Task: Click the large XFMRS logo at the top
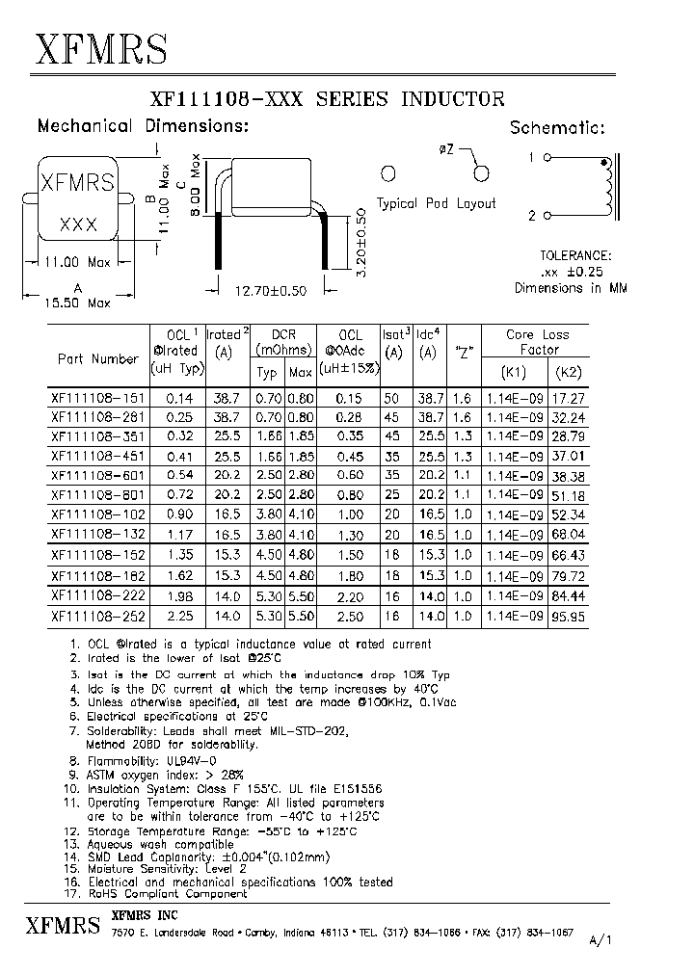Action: click(x=102, y=47)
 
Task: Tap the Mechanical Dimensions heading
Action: click(x=143, y=126)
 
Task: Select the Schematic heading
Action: click(x=557, y=127)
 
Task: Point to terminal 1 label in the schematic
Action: click(x=530, y=156)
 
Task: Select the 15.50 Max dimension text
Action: click(x=78, y=303)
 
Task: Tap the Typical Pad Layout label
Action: click(x=436, y=203)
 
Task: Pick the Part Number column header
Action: click(x=97, y=358)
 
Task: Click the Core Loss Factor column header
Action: click(x=538, y=342)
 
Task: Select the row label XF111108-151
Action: click(x=94, y=396)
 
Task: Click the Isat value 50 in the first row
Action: click(x=392, y=396)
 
